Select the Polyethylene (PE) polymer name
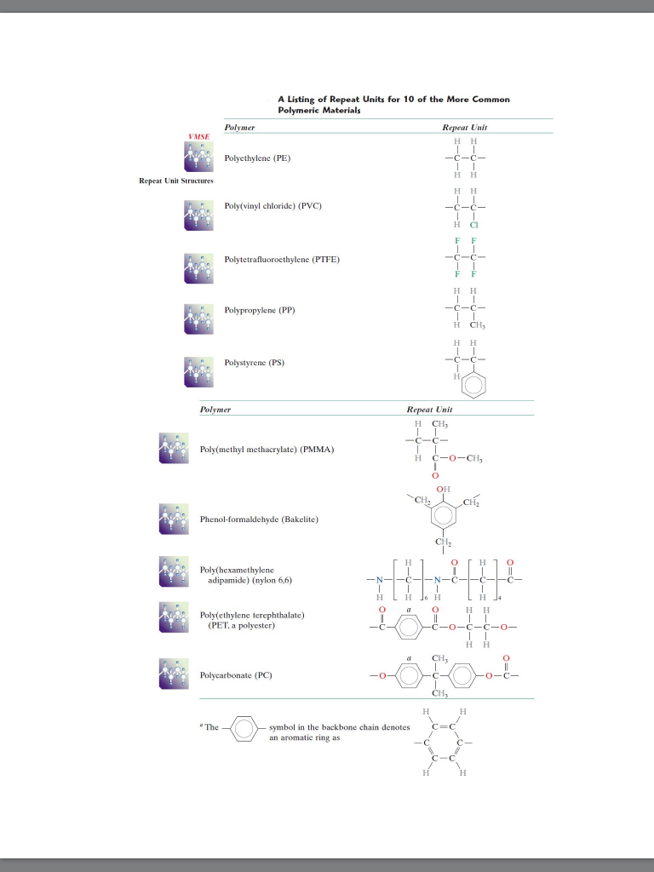coord(257,158)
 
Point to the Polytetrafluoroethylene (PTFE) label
coord(282,259)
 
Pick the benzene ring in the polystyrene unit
coord(475,386)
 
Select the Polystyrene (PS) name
coord(254,363)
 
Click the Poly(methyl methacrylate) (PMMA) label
coord(267,449)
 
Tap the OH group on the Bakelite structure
coord(443,489)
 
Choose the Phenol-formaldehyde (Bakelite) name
coord(259,519)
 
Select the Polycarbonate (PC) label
coord(236,675)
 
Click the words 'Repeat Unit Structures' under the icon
coord(177,181)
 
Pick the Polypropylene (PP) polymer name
coord(259,310)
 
